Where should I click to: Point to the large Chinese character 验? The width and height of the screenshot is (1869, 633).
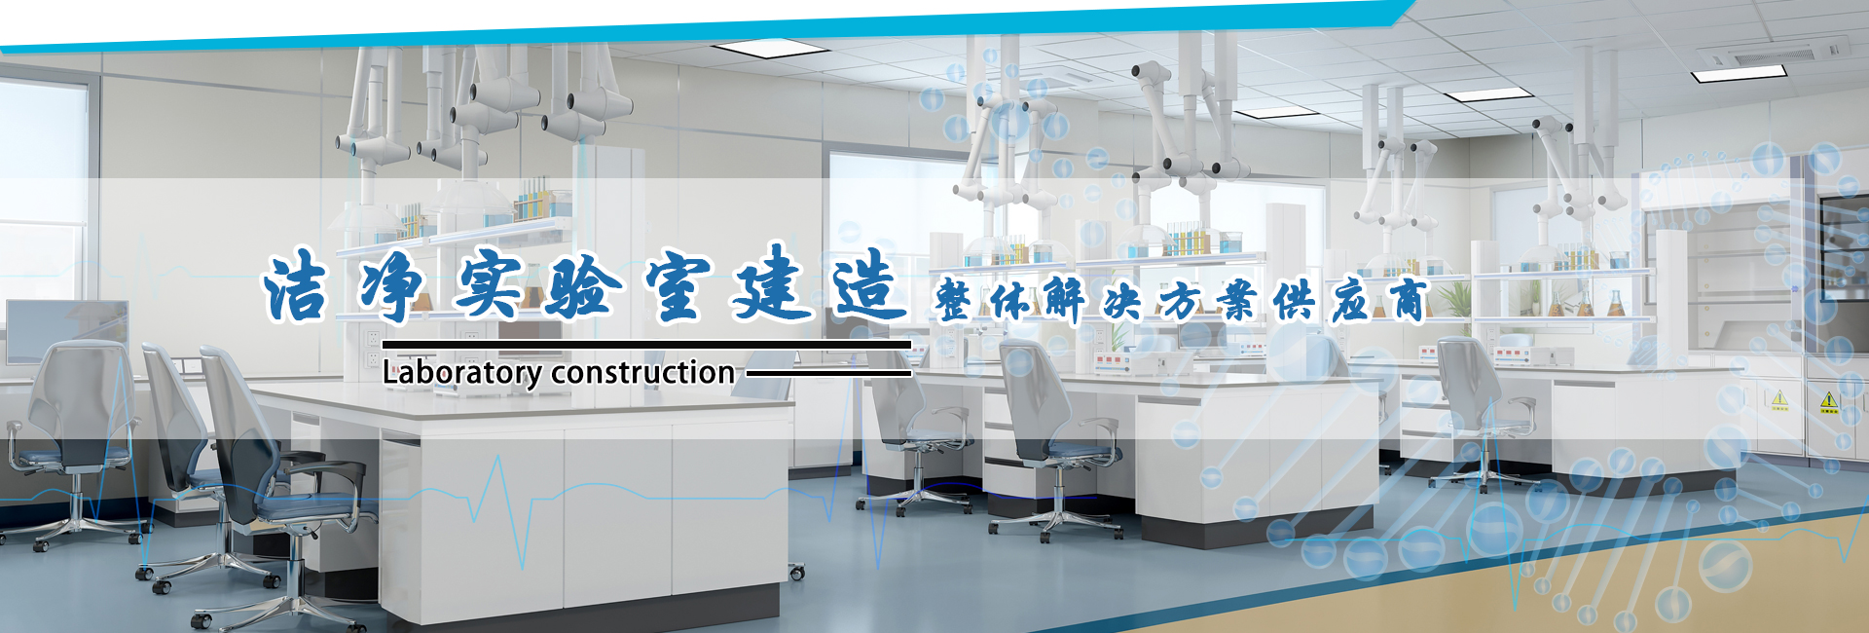[583, 286]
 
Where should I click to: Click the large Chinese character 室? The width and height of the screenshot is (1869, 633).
[678, 286]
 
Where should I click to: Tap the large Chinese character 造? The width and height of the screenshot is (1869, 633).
[869, 283]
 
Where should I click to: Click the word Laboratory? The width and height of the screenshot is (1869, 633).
[462, 373]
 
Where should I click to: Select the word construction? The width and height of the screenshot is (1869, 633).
[643, 373]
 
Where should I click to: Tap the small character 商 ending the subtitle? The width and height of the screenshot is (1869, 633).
[1408, 300]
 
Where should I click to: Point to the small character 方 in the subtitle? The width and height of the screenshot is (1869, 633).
[1180, 301]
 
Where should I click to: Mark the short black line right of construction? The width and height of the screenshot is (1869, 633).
[828, 372]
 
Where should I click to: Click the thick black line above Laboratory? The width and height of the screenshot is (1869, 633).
[646, 344]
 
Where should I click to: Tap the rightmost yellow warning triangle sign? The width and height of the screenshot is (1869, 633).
[1829, 400]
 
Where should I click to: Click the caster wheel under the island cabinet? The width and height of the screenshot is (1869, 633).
[797, 572]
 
